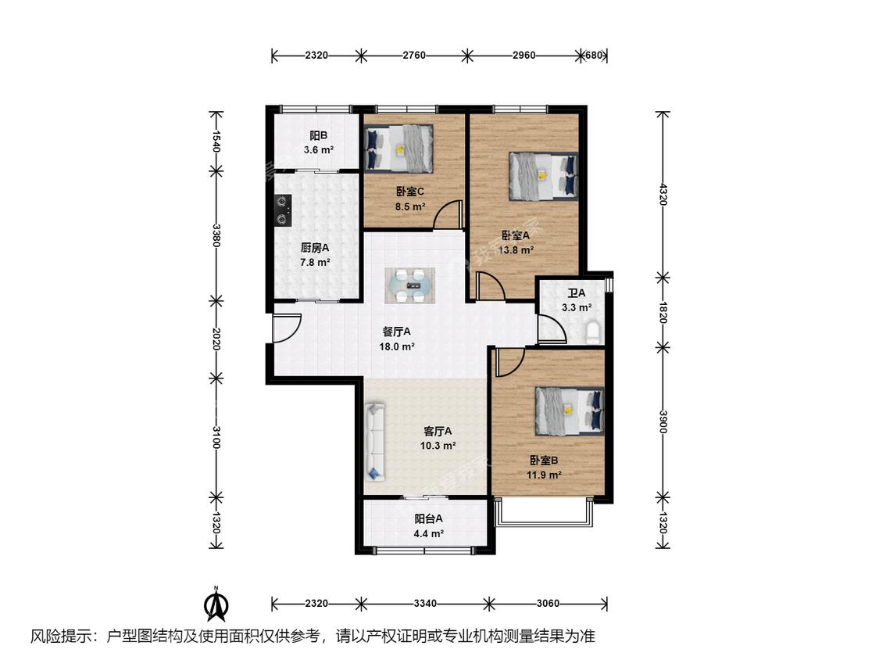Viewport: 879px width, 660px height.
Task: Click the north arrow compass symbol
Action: point(216,604)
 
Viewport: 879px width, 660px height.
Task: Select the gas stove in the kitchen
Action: point(282,210)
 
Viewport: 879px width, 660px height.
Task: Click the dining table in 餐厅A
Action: point(409,285)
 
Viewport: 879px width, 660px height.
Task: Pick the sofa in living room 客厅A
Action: point(375,442)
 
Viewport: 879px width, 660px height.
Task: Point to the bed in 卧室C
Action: point(398,149)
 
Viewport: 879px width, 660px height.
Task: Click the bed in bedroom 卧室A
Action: point(543,176)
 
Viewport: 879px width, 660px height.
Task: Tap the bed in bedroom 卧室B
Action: point(569,411)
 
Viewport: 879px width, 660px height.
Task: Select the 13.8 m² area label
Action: point(516,250)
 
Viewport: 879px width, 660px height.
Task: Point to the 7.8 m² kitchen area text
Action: point(315,262)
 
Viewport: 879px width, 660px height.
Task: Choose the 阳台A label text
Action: point(429,518)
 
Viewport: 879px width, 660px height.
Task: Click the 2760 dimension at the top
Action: point(414,55)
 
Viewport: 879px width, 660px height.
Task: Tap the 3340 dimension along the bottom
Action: point(425,604)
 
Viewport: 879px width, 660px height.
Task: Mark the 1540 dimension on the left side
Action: point(216,141)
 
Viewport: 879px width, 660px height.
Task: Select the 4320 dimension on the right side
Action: point(663,194)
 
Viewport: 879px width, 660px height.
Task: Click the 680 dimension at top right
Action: point(594,55)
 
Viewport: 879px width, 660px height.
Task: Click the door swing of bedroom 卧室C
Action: point(448,214)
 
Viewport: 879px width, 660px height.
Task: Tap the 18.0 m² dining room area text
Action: point(397,346)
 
